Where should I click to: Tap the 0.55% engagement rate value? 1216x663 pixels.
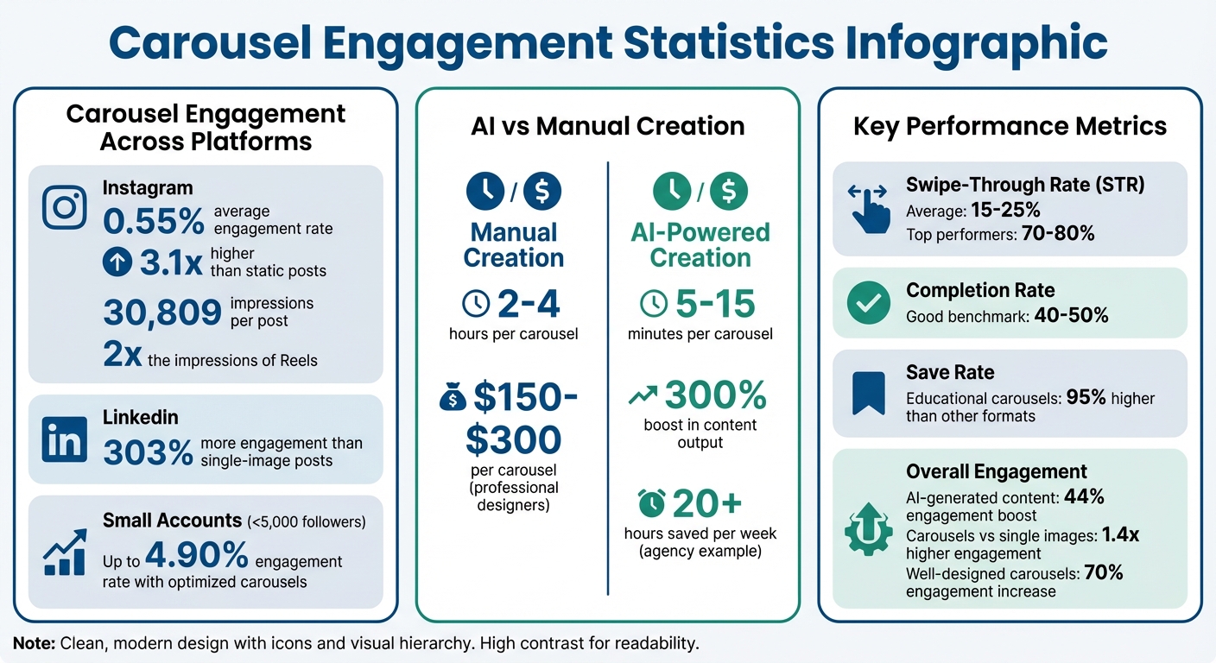point(154,220)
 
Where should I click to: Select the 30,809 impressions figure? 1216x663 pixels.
point(162,313)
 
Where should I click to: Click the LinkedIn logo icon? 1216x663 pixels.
point(65,439)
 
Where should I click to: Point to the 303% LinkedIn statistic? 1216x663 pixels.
point(148,451)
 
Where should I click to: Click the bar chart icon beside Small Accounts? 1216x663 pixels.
point(65,552)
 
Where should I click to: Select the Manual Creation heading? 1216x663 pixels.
point(513,245)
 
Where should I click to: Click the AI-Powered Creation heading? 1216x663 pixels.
point(700,245)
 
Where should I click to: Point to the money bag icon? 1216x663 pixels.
point(451,398)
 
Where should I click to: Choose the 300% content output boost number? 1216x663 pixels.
point(716,395)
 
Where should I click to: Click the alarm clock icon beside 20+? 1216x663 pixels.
point(652,502)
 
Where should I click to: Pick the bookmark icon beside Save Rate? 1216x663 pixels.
point(868,394)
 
